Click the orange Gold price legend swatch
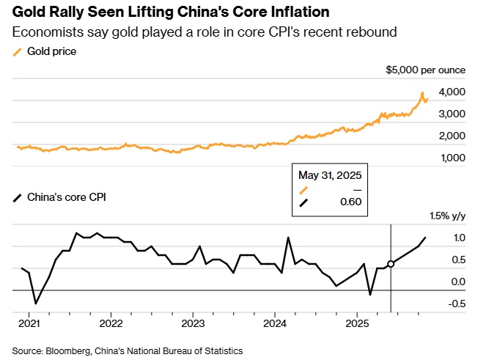[x=18, y=52]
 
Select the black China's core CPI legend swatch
[x=18, y=197]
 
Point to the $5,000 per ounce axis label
[x=426, y=70]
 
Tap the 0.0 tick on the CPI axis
[x=457, y=282]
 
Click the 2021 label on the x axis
[x=29, y=323]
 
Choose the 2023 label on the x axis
[x=193, y=323]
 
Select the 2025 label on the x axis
[x=357, y=323]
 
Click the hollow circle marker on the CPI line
[x=391, y=264]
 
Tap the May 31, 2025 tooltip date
[x=330, y=175]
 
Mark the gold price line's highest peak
[x=422, y=93]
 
